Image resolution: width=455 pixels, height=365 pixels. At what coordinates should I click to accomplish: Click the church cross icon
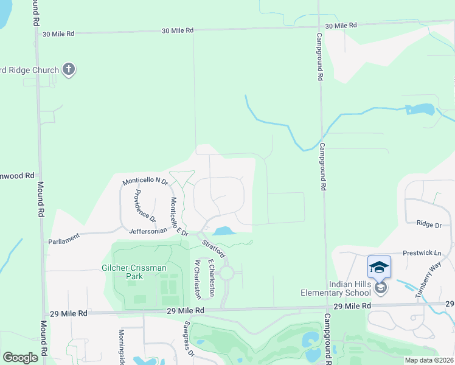69,69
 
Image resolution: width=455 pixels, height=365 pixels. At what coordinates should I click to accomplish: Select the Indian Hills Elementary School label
362,288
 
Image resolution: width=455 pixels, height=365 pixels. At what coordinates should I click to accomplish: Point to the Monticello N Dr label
145,181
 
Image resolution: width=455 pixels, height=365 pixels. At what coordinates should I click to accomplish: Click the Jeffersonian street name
148,231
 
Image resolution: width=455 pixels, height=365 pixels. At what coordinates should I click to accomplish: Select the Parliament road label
64,241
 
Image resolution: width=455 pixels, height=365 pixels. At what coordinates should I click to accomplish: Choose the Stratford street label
214,249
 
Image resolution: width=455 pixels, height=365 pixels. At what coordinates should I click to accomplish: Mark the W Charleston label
196,279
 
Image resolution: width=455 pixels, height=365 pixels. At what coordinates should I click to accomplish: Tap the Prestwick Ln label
421,252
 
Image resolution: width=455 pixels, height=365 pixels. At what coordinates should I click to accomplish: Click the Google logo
20,357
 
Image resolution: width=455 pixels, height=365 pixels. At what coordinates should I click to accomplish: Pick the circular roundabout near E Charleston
226,274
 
